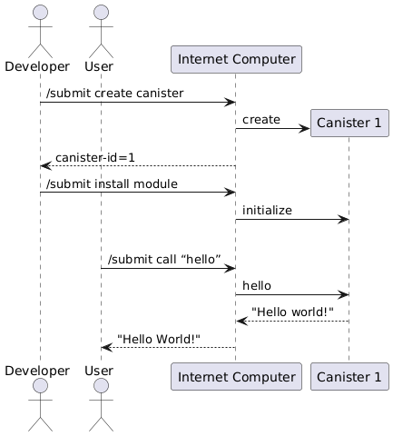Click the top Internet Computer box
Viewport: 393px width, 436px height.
point(236,59)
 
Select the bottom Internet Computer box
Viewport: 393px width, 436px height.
point(236,376)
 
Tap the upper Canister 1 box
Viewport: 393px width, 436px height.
point(349,123)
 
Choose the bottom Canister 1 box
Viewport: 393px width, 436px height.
point(349,376)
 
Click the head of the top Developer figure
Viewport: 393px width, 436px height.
point(40,13)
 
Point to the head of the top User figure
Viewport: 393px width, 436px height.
point(101,13)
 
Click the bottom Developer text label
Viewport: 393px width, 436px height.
point(37,371)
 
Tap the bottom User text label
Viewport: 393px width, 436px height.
point(99,371)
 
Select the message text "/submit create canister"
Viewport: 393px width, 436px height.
point(115,93)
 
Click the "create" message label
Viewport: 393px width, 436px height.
point(261,120)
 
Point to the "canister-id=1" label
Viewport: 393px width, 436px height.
point(95,157)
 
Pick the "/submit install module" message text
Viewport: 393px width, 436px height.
point(112,183)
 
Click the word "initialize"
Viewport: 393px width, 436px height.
point(267,210)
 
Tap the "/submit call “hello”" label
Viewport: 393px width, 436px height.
point(164,259)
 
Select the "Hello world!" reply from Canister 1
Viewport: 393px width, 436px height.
point(292,312)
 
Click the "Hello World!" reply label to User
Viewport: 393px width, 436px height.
point(159,339)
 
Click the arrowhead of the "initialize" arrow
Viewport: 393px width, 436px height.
point(344,219)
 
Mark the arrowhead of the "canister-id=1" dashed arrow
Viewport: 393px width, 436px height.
point(46,166)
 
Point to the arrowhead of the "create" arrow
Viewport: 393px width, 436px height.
point(304,128)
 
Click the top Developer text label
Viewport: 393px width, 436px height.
point(37,66)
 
